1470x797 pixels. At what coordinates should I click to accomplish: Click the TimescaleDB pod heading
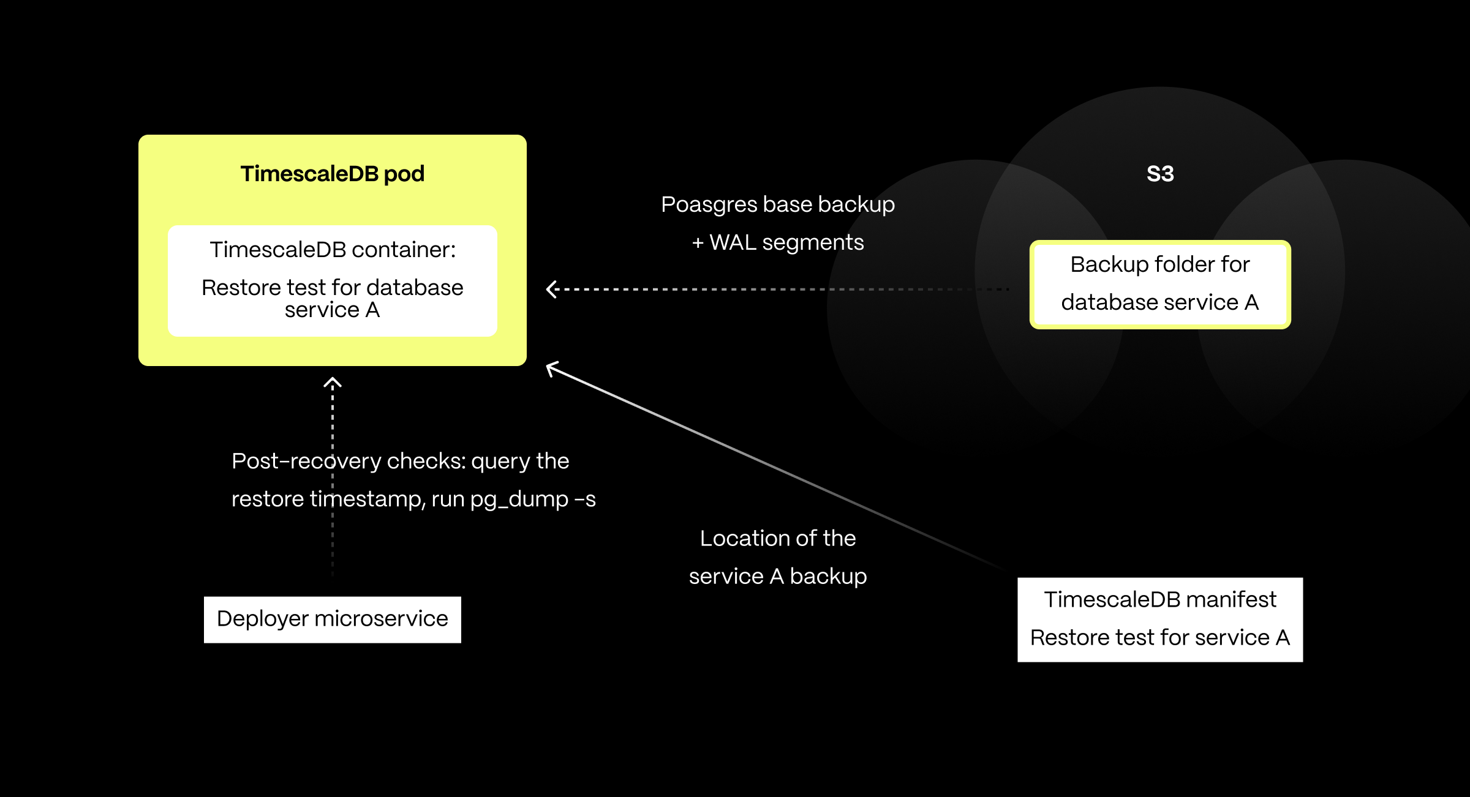(332, 174)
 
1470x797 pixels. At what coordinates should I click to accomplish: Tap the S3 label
(1160, 174)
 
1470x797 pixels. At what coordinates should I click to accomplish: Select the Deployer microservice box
(332, 619)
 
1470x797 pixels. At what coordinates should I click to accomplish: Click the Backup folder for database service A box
(1160, 284)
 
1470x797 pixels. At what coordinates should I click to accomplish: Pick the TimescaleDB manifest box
(1160, 619)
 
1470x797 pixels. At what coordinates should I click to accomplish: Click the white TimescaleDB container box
(332, 280)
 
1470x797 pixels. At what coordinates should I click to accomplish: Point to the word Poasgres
(709, 204)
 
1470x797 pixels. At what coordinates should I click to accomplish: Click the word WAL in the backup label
(733, 242)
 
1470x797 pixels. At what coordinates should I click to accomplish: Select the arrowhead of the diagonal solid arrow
(551, 367)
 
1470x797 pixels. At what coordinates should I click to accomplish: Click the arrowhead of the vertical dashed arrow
(332, 383)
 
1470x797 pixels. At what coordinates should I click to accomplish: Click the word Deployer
(262, 619)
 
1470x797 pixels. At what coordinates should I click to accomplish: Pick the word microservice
(381, 619)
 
